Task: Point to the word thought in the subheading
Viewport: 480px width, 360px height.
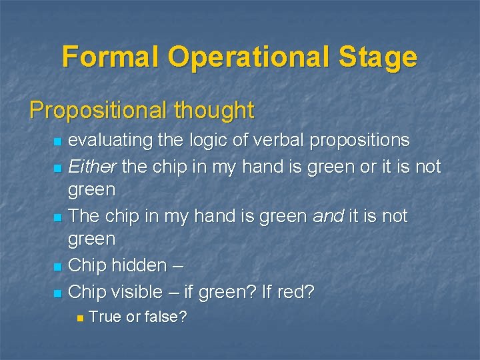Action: [215, 111]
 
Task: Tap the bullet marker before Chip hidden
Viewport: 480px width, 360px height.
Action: [58, 267]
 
